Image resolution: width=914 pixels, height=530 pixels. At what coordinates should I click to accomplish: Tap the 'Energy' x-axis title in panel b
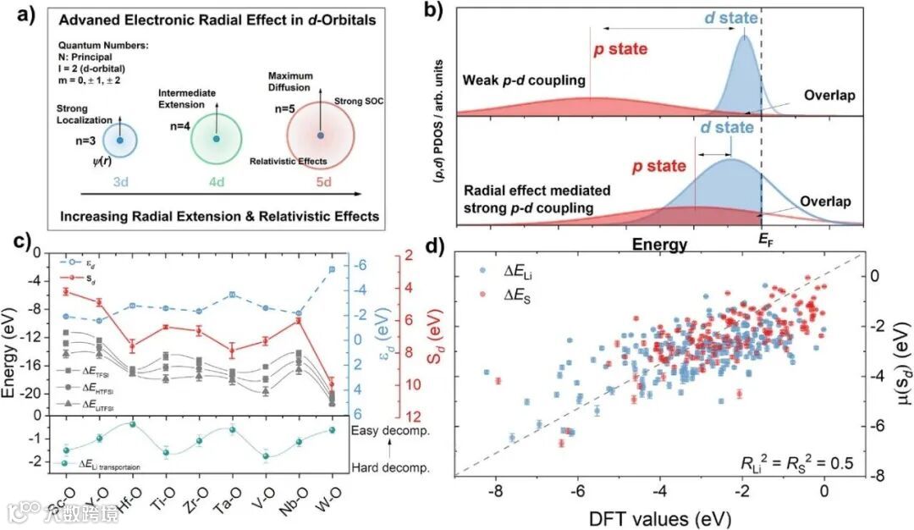point(658,244)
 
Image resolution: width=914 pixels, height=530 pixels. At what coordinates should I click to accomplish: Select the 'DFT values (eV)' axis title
point(658,515)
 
